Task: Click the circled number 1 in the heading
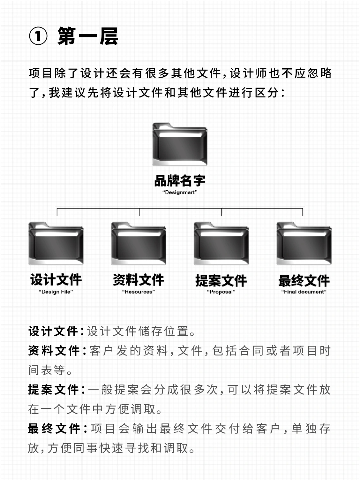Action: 38,36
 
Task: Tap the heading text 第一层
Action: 88,36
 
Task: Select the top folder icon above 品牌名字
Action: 180,145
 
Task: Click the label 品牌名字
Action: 180,181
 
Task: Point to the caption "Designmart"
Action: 180,192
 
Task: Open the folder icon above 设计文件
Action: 56,244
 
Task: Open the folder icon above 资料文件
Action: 139,244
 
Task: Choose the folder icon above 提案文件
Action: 221,244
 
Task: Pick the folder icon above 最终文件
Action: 304,244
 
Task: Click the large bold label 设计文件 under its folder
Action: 56,280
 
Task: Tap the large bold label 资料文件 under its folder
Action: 139,280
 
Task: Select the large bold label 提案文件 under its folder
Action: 221,280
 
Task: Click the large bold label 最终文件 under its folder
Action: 304,280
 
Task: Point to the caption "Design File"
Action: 56,292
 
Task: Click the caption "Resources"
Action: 139,292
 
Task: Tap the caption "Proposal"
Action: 221,292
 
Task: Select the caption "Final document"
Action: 304,292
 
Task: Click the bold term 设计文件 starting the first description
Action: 53,331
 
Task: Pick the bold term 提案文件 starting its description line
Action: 53,390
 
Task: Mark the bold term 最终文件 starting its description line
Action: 54,429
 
